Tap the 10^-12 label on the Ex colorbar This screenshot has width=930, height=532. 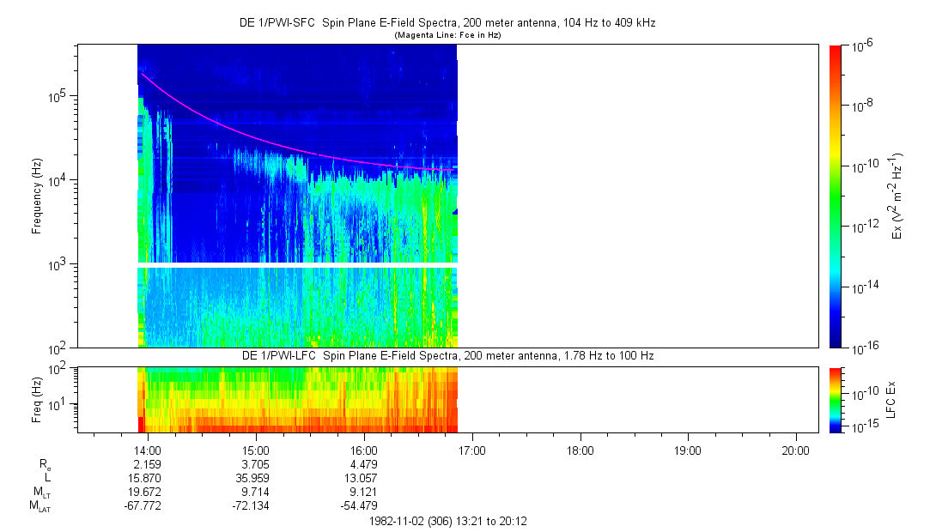point(862,225)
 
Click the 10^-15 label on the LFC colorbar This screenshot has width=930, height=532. point(862,426)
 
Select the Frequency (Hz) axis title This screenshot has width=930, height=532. point(37,196)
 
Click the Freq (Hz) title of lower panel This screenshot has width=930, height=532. point(37,400)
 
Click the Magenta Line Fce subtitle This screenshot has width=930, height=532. point(447,35)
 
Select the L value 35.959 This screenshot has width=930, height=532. point(256,478)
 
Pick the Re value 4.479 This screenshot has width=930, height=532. point(364,464)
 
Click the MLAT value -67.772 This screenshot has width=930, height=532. point(143,505)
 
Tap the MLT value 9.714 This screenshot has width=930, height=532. point(256,492)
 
